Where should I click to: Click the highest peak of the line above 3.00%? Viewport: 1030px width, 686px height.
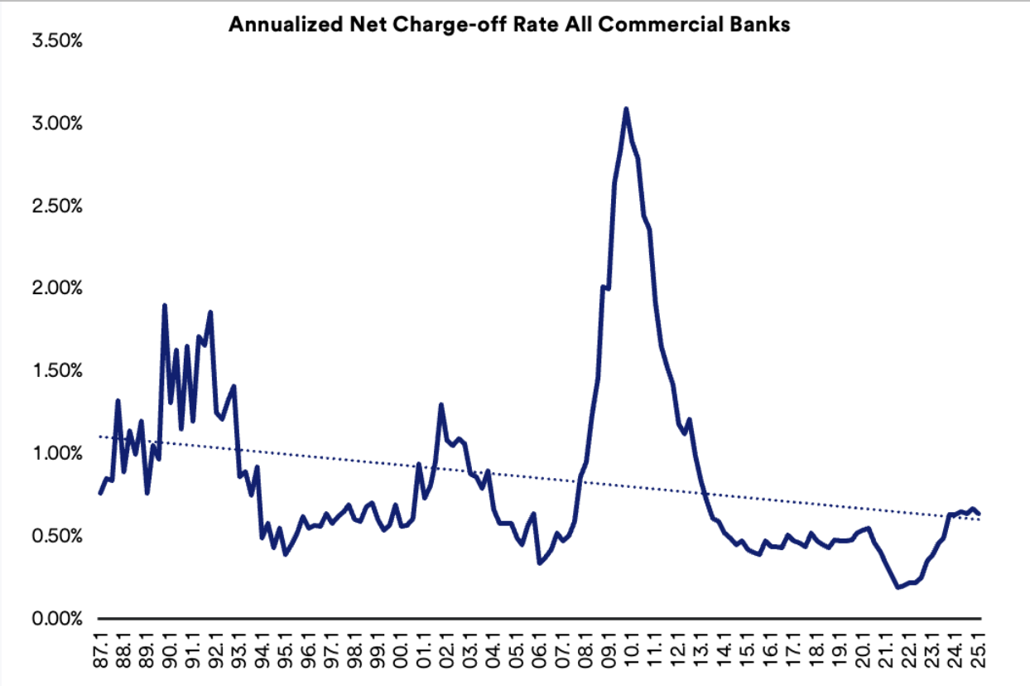click(x=626, y=109)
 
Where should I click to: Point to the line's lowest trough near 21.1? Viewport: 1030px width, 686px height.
click(x=898, y=587)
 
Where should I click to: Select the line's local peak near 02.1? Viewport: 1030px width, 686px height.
click(x=441, y=404)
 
